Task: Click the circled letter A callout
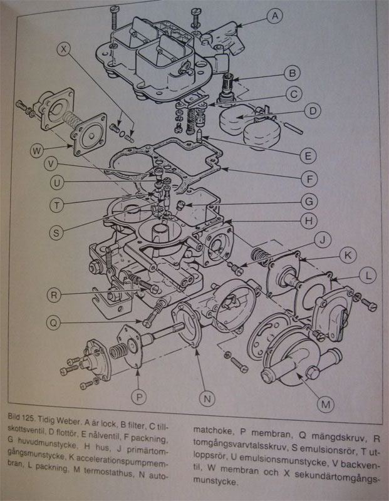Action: [x=274, y=16]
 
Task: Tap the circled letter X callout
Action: [x=65, y=49]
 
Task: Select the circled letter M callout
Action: [x=325, y=405]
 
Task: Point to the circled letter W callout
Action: [x=37, y=151]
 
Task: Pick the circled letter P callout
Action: [x=138, y=397]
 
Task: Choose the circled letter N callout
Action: [x=207, y=398]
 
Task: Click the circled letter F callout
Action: [x=309, y=179]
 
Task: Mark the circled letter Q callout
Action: [x=53, y=323]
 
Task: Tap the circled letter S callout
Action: [x=56, y=232]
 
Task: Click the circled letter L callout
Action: [x=368, y=276]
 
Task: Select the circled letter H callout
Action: [x=309, y=221]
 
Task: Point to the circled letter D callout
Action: [x=313, y=111]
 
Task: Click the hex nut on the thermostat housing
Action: [x=313, y=373]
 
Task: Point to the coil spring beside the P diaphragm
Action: [x=118, y=351]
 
